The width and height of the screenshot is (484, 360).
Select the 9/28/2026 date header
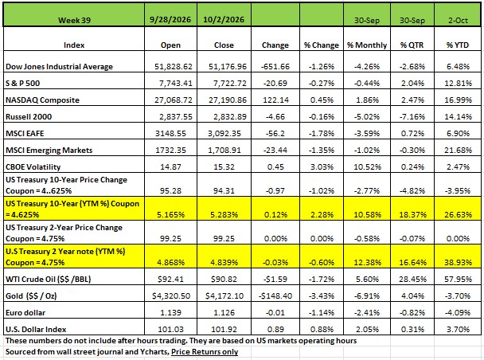pyautogui.click(x=170, y=20)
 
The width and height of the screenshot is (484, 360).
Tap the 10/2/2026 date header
pyautogui.click(x=224, y=20)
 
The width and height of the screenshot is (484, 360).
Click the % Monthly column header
pyautogui.click(x=367, y=45)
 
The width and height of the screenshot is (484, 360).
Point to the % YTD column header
pyautogui.click(x=458, y=45)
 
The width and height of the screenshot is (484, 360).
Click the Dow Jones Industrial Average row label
pyautogui.click(x=59, y=67)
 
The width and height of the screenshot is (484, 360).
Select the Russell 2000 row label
pyautogui.click(x=29, y=117)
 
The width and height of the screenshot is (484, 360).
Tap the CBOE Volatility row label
pyautogui.click(x=33, y=166)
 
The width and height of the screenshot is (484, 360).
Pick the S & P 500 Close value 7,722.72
pyautogui.click(x=228, y=84)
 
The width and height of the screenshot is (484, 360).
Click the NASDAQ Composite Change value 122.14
pyautogui.click(x=275, y=100)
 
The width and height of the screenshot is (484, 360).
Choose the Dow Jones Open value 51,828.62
pyautogui.click(x=174, y=67)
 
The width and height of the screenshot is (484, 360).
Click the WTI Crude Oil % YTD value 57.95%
pyautogui.click(x=458, y=279)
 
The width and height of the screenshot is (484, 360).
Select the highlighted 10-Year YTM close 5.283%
pyautogui.click(x=224, y=214)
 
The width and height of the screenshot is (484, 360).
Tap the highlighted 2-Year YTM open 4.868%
pyautogui.click(x=170, y=263)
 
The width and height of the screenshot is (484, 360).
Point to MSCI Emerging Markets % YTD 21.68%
pyautogui.click(x=458, y=150)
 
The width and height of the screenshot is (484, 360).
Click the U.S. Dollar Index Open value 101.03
pyautogui.click(x=170, y=329)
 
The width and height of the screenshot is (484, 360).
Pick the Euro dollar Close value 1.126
pyautogui.click(x=224, y=312)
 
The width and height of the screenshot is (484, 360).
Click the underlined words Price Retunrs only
pyautogui.click(x=205, y=352)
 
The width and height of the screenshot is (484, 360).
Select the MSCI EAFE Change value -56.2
pyautogui.click(x=275, y=133)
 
